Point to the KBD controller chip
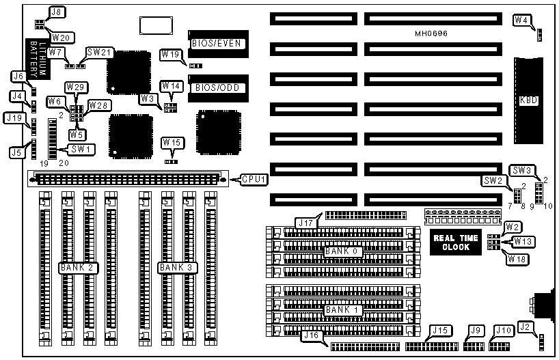click(528, 100)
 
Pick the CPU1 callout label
click(253, 180)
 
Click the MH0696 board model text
click(433, 33)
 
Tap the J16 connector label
click(311, 335)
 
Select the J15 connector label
click(439, 331)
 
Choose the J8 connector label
click(58, 12)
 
